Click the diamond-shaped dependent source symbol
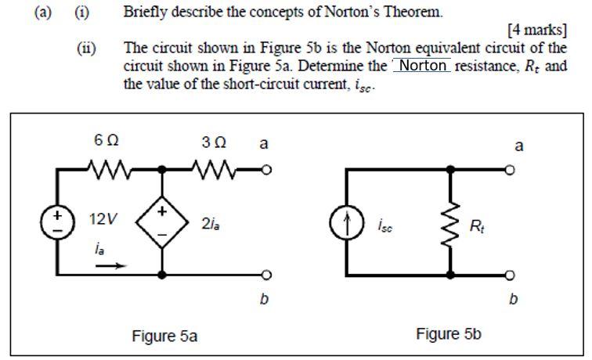pyautogui.click(x=162, y=221)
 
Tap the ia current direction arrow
pyautogui.click(x=110, y=265)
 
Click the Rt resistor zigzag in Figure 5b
pyautogui.click(x=450, y=227)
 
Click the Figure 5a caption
pyautogui.click(x=164, y=337)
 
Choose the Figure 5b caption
pyautogui.click(x=449, y=335)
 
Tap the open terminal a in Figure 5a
pyautogui.click(x=266, y=169)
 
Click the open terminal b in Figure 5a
pyautogui.click(x=266, y=275)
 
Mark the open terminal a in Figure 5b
pyautogui.click(x=510, y=169)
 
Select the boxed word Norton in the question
pyautogui.click(x=423, y=66)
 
